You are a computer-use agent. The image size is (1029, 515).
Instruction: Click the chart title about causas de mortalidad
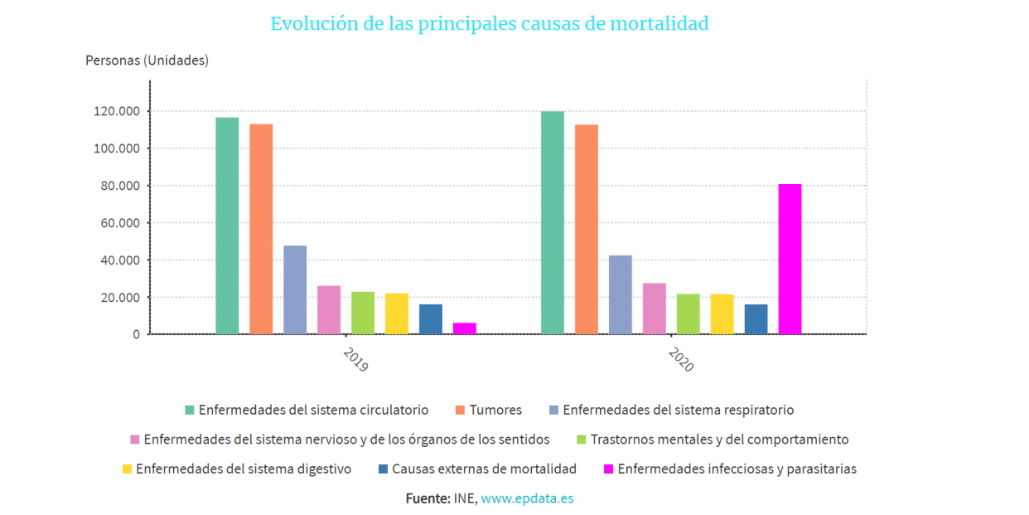tap(489, 23)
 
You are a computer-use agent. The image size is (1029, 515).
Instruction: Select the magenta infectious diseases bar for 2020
tap(790, 259)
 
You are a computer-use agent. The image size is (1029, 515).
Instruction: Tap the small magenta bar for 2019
tap(465, 328)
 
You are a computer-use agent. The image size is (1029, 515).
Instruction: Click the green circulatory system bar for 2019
tap(227, 226)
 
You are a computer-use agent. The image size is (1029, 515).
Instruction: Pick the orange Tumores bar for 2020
tap(587, 229)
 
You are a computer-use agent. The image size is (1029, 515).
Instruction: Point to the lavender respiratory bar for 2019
tap(295, 289)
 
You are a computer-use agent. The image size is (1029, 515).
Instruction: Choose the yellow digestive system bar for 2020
tap(722, 314)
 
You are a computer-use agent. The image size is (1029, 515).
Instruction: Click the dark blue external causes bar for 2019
tap(431, 319)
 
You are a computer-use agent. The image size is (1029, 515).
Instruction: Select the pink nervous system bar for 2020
tap(655, 309)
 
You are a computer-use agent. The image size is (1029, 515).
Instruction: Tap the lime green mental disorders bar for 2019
tap(363, 313)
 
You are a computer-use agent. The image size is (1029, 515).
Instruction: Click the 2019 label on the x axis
tap(356, 359)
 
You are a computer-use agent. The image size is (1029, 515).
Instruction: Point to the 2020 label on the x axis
tap(681, 359)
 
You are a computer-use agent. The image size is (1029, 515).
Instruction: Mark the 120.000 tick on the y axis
tap(118, 111)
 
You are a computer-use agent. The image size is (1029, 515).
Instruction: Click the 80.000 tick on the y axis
tap(121, 186)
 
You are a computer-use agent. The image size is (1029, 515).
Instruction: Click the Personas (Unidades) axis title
tap(147, 61)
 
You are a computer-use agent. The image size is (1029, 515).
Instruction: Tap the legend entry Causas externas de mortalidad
tap(484, 469)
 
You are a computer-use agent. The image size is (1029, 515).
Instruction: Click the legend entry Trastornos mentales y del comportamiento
tap(719, 440)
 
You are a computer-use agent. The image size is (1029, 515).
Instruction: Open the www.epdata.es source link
tap(527, 498)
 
